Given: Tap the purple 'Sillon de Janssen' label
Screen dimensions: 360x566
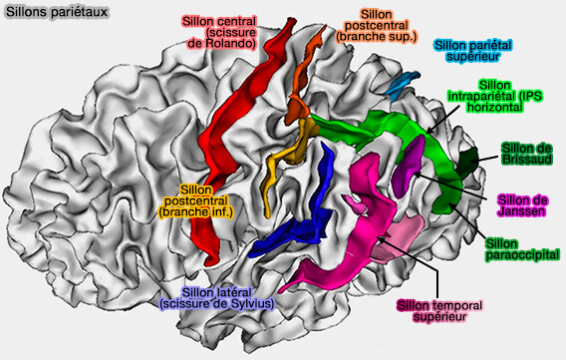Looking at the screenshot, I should (x=525, y=205).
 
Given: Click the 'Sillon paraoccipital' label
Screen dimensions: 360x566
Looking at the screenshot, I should (x=521, y=248).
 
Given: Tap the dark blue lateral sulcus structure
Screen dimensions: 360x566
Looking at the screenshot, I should (x=299, y=224).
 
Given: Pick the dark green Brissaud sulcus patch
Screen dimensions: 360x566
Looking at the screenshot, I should (x=468, y=160).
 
